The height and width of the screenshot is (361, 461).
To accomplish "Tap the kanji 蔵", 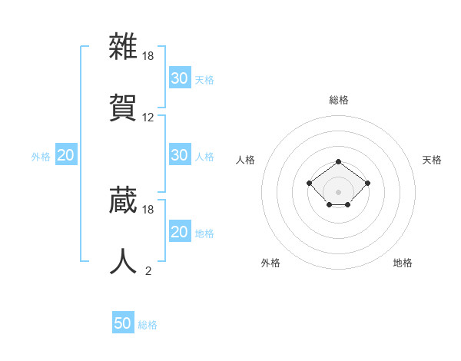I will (123, 199).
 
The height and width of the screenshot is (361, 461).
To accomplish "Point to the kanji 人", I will (123, 260).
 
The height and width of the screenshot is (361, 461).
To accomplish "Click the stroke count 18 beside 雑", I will (149, 56).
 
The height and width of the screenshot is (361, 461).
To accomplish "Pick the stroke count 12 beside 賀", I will (149, 118).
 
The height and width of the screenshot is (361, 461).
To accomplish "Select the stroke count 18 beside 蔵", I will (149, 209).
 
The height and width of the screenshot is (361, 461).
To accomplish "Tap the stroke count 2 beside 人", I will (148, 270).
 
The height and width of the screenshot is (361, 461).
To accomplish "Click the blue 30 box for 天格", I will (179, 78).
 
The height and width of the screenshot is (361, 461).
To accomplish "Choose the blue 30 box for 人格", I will (179, 155).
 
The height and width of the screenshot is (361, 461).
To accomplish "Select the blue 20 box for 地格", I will (179, 232).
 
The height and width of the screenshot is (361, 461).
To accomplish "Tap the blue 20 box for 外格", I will (65, 155).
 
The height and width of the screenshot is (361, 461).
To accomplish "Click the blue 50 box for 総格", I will (123, 323).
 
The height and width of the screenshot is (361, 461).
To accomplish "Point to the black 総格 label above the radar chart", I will (338, 100).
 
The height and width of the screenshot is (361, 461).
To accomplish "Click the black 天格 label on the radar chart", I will (432, 160).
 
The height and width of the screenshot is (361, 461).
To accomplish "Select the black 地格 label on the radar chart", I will (403, 263).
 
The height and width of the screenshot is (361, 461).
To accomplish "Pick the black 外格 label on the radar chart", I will (270, 263).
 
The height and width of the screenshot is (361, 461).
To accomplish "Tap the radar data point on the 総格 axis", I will (338, 161).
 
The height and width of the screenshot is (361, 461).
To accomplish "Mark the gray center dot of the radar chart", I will (338, 191).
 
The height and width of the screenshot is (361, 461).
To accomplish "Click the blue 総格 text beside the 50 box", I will (148, 325).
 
